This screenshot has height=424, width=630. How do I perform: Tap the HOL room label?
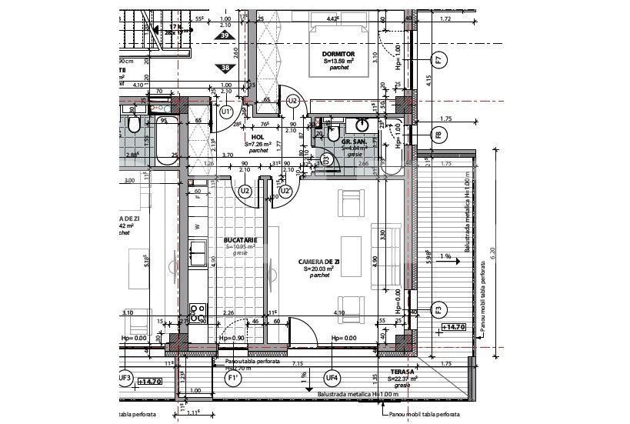pos(258,138)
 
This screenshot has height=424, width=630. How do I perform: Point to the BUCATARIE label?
pos(240,240)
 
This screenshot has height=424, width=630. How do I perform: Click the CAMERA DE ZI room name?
pos(320,262)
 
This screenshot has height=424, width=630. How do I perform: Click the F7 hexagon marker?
pos(438,59)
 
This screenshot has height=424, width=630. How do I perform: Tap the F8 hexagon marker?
pos(438,135)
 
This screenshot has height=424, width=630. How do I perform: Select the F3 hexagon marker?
pos(438,310)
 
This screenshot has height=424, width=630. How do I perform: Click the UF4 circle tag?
pos(332,378)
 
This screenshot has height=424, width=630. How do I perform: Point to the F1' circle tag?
pos(231,379)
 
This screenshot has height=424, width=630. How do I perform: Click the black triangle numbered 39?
pos(225,35)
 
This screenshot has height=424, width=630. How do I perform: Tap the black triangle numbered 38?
pos(225,67)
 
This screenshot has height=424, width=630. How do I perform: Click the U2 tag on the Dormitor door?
pos(292,101)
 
